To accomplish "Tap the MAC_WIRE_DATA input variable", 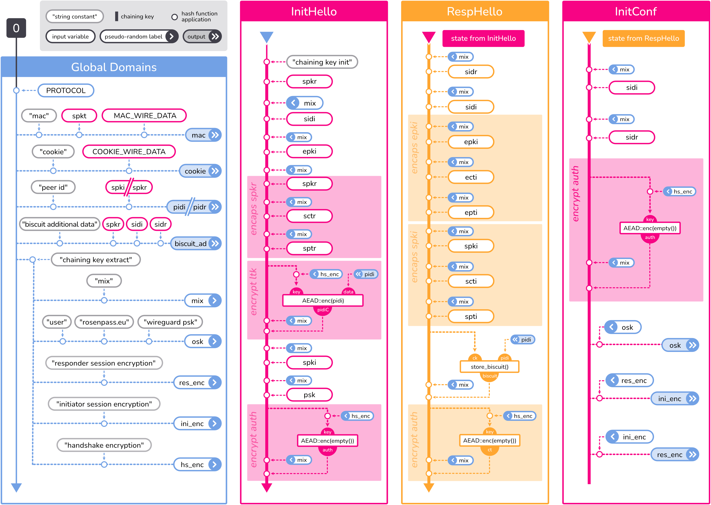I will tap(145, 116).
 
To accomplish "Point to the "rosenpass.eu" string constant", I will tap(104, 322).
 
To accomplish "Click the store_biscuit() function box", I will tap(489, 367).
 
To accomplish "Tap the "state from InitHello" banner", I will tap(483, 39).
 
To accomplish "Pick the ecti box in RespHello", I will tap(471, 177).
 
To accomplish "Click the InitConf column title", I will tap(636, 12).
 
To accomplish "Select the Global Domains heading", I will tap(114, 67).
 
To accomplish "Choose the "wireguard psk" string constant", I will tap(170, 322).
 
